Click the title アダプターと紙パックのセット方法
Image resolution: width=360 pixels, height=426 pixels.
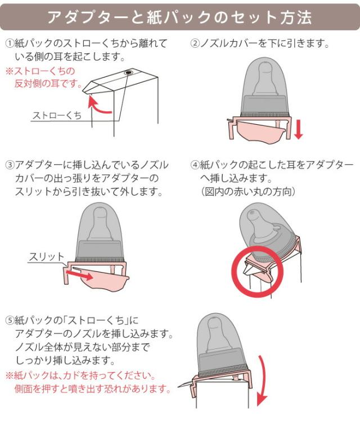[x=179, y=17]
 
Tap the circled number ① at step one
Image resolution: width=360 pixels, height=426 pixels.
[x=9, y=43]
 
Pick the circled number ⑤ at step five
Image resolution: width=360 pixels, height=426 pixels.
[x=9, y=321]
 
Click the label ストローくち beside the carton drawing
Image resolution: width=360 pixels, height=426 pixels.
[x=56, y=115]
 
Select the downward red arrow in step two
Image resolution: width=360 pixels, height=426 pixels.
[x=298, y=129]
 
